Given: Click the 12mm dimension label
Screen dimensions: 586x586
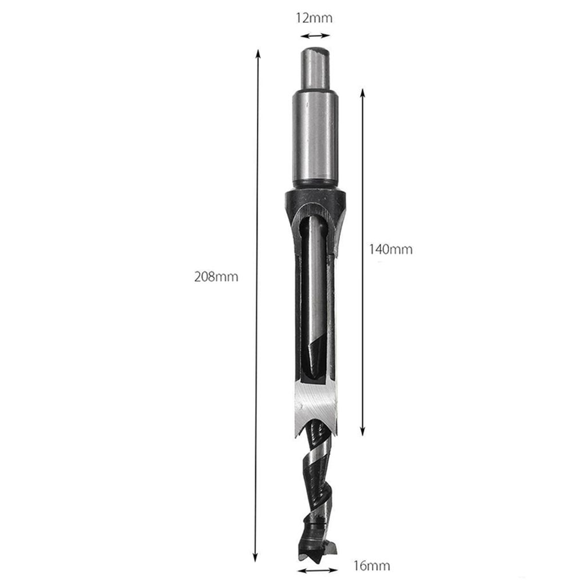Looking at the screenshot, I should [x=314, y=18].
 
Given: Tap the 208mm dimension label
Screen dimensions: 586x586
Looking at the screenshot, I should [x=216, y=277].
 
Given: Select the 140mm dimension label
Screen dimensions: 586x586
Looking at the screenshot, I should [x=391, y=250].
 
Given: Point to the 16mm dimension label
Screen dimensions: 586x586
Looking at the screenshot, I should [x=372, y=566].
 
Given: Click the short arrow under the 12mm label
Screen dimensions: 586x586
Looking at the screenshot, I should [x=314, y=35].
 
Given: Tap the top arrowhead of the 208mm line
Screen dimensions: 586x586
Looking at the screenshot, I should [x=258, y=53].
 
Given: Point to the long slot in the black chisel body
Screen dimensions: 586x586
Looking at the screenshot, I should [x=314, y=298].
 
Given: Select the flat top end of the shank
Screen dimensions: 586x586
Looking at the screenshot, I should [x=314, y=50].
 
